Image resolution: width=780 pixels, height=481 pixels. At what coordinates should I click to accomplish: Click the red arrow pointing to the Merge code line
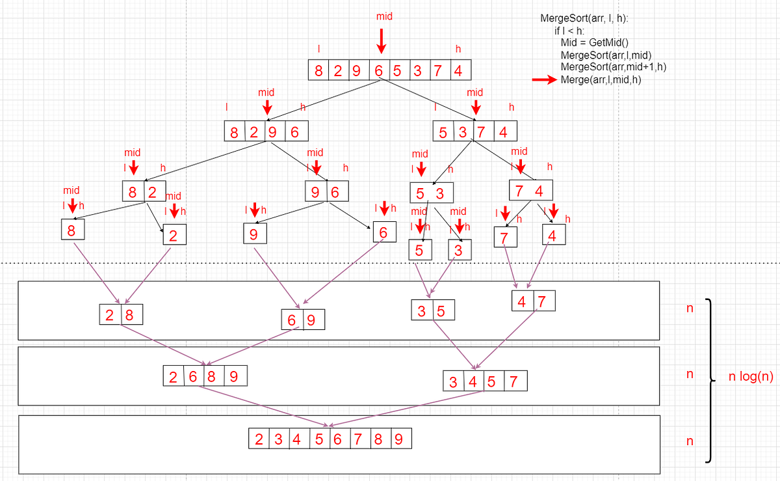pos(544,80)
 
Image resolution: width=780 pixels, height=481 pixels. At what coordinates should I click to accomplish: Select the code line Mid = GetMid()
pos(593,42)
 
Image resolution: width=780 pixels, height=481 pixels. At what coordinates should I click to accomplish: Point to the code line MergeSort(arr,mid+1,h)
pos(613,66)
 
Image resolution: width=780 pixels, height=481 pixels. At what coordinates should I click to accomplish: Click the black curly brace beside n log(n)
pos(710,381)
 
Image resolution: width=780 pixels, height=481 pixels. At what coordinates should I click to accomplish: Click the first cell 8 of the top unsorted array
pos(318,71)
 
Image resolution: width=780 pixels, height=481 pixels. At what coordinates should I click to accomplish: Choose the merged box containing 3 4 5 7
pos(484,381)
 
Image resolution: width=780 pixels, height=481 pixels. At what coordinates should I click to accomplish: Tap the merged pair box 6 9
pos(302,320)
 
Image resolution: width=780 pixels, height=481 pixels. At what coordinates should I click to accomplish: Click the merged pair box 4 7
pos(533,302)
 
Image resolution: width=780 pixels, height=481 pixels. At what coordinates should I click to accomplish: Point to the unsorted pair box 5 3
pos(431,193)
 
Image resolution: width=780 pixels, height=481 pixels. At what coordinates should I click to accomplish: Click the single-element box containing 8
pos(71,230)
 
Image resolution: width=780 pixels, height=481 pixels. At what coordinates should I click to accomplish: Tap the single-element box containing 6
pos(383,232)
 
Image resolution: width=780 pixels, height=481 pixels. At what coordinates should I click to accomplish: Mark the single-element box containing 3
pos(460,250)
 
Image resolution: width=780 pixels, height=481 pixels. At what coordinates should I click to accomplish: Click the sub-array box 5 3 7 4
pos(475,131)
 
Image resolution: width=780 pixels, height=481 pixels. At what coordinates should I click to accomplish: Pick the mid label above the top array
pos(384,16)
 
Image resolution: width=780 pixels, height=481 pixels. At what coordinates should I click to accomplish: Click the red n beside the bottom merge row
pos(690,441)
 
